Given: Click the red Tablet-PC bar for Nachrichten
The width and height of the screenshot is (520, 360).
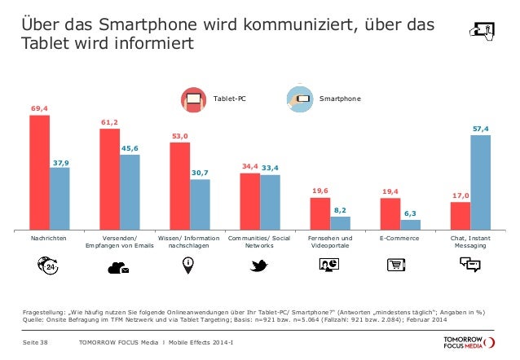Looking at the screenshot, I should pos(39,171).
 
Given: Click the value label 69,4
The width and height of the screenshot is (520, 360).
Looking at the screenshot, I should pos(39,108).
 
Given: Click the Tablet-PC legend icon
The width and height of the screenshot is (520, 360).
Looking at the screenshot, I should pos(194,99).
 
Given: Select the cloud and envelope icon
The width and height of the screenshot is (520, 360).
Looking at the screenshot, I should pos(119,266).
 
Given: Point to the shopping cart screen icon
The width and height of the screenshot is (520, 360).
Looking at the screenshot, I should pos(398,264).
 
